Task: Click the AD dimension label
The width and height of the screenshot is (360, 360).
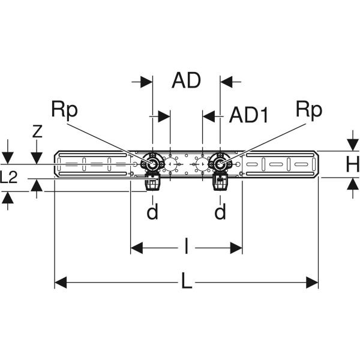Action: [x=186, y=80]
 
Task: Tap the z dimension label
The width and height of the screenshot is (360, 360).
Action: [x=37, y=131]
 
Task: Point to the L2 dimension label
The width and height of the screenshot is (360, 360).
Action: [x=11, y=178]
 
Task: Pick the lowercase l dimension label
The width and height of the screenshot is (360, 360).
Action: [x=186, y=247]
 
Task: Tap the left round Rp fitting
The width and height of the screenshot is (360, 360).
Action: [x=153, y=164]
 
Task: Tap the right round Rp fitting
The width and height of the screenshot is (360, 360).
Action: [x=221, y=164]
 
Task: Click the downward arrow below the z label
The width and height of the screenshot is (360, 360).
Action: [x=37, y=158]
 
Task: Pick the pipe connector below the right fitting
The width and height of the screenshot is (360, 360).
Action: [x=219, y=182]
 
